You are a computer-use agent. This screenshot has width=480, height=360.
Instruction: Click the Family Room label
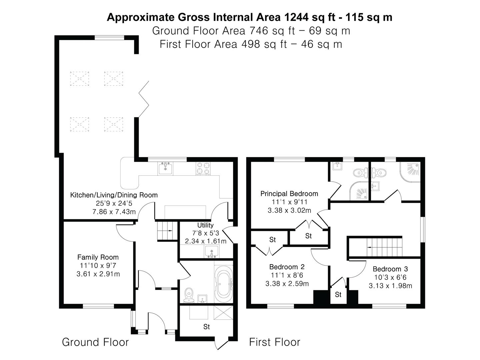pos(98,257)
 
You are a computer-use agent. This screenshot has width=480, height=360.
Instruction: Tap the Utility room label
pos(205,225)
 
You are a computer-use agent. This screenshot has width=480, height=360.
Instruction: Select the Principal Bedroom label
pos(289,194)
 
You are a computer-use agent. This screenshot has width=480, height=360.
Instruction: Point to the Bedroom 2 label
pos(287,267)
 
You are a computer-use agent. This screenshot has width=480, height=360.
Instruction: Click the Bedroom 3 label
pos(390,269)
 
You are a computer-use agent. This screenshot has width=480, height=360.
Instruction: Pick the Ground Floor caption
pos(95,342)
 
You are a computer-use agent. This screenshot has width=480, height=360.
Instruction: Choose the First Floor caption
pos(275,342)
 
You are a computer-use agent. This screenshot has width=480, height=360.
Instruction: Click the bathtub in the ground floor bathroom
pos(223,284)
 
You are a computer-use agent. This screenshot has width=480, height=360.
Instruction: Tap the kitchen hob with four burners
pos(203,168)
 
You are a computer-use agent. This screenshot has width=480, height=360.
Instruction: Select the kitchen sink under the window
pos(165,169)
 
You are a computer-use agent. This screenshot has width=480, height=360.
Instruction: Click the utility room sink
pos(212,252)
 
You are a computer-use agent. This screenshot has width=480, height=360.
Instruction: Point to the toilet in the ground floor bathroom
pos(189,295)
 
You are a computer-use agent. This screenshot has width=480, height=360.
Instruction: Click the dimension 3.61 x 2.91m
pos(98,274)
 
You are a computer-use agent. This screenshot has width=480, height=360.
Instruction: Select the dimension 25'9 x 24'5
pos(114,203)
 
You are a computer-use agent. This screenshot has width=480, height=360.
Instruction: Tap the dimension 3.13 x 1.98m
pos(390,286)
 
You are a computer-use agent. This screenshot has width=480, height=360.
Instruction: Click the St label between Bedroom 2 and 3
pos(338,295)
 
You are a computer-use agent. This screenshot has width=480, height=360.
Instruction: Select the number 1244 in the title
pos(297,17)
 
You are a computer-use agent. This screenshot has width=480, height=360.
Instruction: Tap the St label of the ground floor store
pos(206,327)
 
